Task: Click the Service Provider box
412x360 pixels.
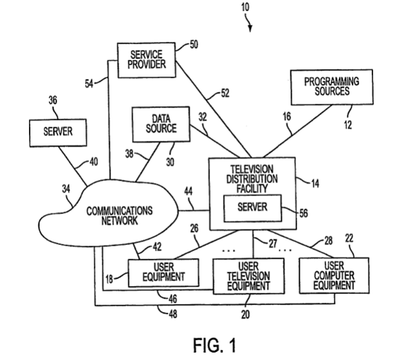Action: (143, 61)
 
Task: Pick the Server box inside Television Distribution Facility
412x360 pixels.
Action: (252, 207)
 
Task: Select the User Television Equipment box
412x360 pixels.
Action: (248, 275)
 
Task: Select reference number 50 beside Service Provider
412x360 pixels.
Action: (193, 45)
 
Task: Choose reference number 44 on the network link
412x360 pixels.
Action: (189, 192)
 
